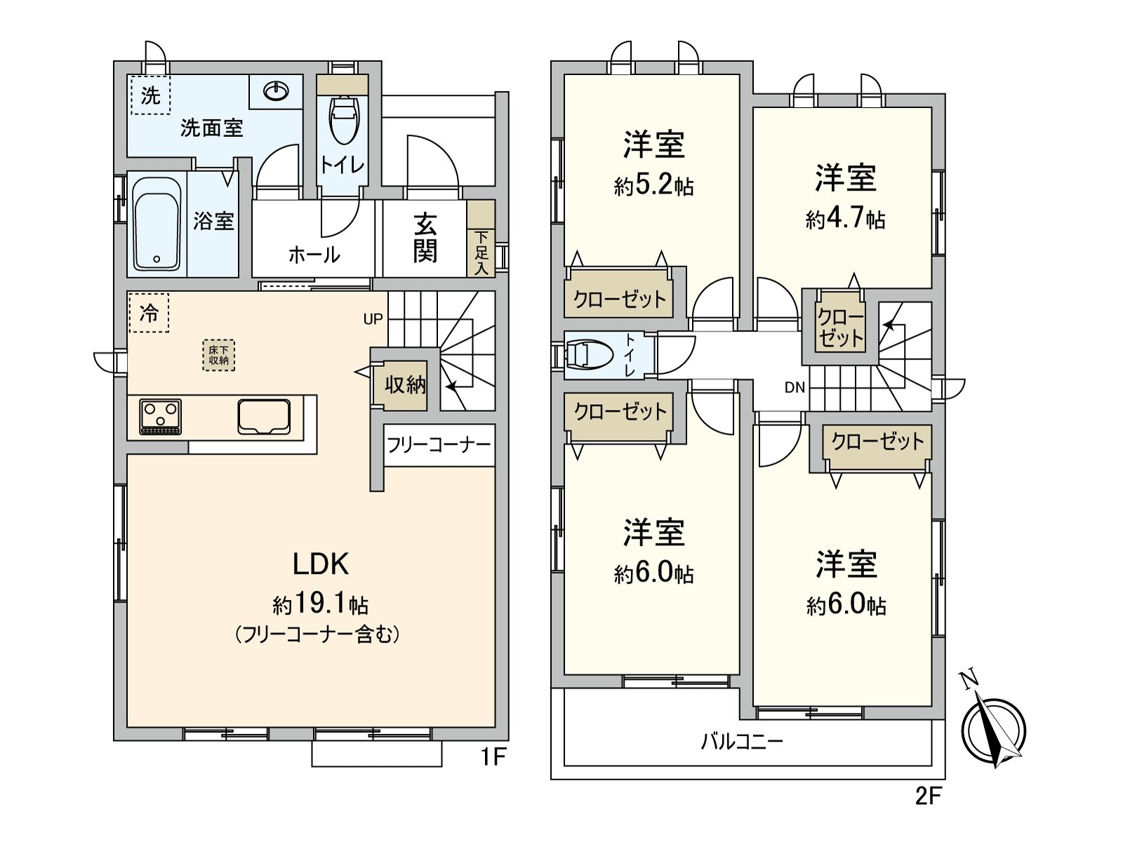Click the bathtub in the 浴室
point(157,223)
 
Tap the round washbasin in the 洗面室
point(277,91)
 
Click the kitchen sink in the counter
point(264,417)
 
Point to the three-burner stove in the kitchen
point(161,416)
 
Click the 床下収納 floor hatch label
point(218,355)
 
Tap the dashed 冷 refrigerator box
point(149,312)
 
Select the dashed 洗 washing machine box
point(150,95)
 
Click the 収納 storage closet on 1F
point(404,385)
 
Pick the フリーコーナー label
point(439,445)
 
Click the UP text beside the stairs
point(373,319)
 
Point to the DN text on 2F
point(795,387)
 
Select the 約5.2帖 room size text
point(653,186)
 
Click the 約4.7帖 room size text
point(845,220)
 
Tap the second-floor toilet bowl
point(588,355)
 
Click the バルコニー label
point(742,741)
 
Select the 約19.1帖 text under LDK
point(320,604)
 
